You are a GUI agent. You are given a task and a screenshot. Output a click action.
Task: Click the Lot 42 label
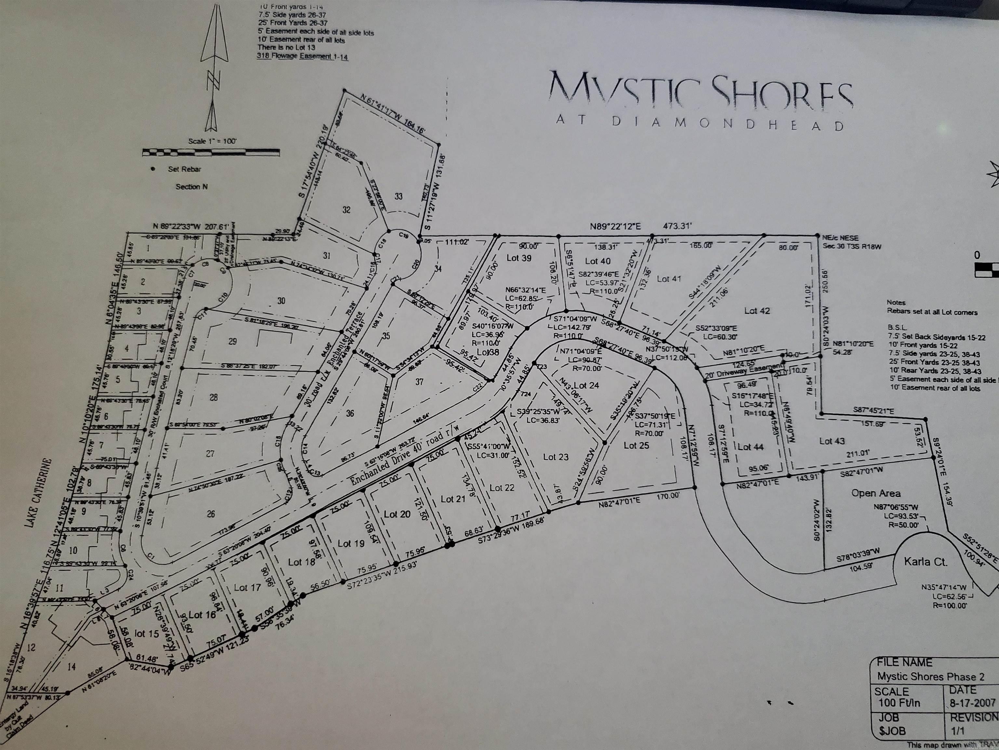click(757, 311)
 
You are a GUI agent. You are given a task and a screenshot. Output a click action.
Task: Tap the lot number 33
click(398, 196)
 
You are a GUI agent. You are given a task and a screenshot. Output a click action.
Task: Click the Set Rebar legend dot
click(153, 169)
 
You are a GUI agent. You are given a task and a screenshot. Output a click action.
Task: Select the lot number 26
click(210, 514)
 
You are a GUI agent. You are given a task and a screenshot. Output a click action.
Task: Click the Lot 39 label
click(519, 258)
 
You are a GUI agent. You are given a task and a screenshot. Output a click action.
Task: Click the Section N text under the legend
click(192, 187)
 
